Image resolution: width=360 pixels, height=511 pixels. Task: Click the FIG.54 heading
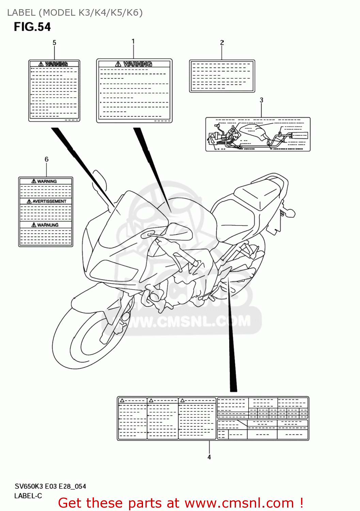pyautogui.click(x=32, y=27)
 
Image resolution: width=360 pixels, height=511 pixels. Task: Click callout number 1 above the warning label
pyautogui.click(x=133, y=41)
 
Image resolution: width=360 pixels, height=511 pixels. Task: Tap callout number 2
pyautogui.click(x=222, y=43)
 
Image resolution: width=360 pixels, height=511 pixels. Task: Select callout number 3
pyautogui.click(x=261, y=100)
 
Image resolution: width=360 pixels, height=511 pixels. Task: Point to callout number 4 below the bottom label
pyautogui.click(x=209, y=457)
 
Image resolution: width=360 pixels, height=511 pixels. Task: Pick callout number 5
pyautogui.click(x=54, y=43)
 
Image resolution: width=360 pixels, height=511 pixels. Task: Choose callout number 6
pyautogui.click(x=46, y=159)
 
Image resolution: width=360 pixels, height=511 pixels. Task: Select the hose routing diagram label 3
pyautogui.click(x=258, y=135)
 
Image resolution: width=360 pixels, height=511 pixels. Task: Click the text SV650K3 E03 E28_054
pyautogui.click(x=50, y=486)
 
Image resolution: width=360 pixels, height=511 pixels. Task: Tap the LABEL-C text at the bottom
pyautogui.click(x=28, y=496)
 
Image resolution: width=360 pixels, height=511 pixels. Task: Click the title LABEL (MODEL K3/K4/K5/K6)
pyautogui.click(x=75, y=13)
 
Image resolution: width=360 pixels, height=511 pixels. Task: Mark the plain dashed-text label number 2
pyautogui.click(x=222, y=76)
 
